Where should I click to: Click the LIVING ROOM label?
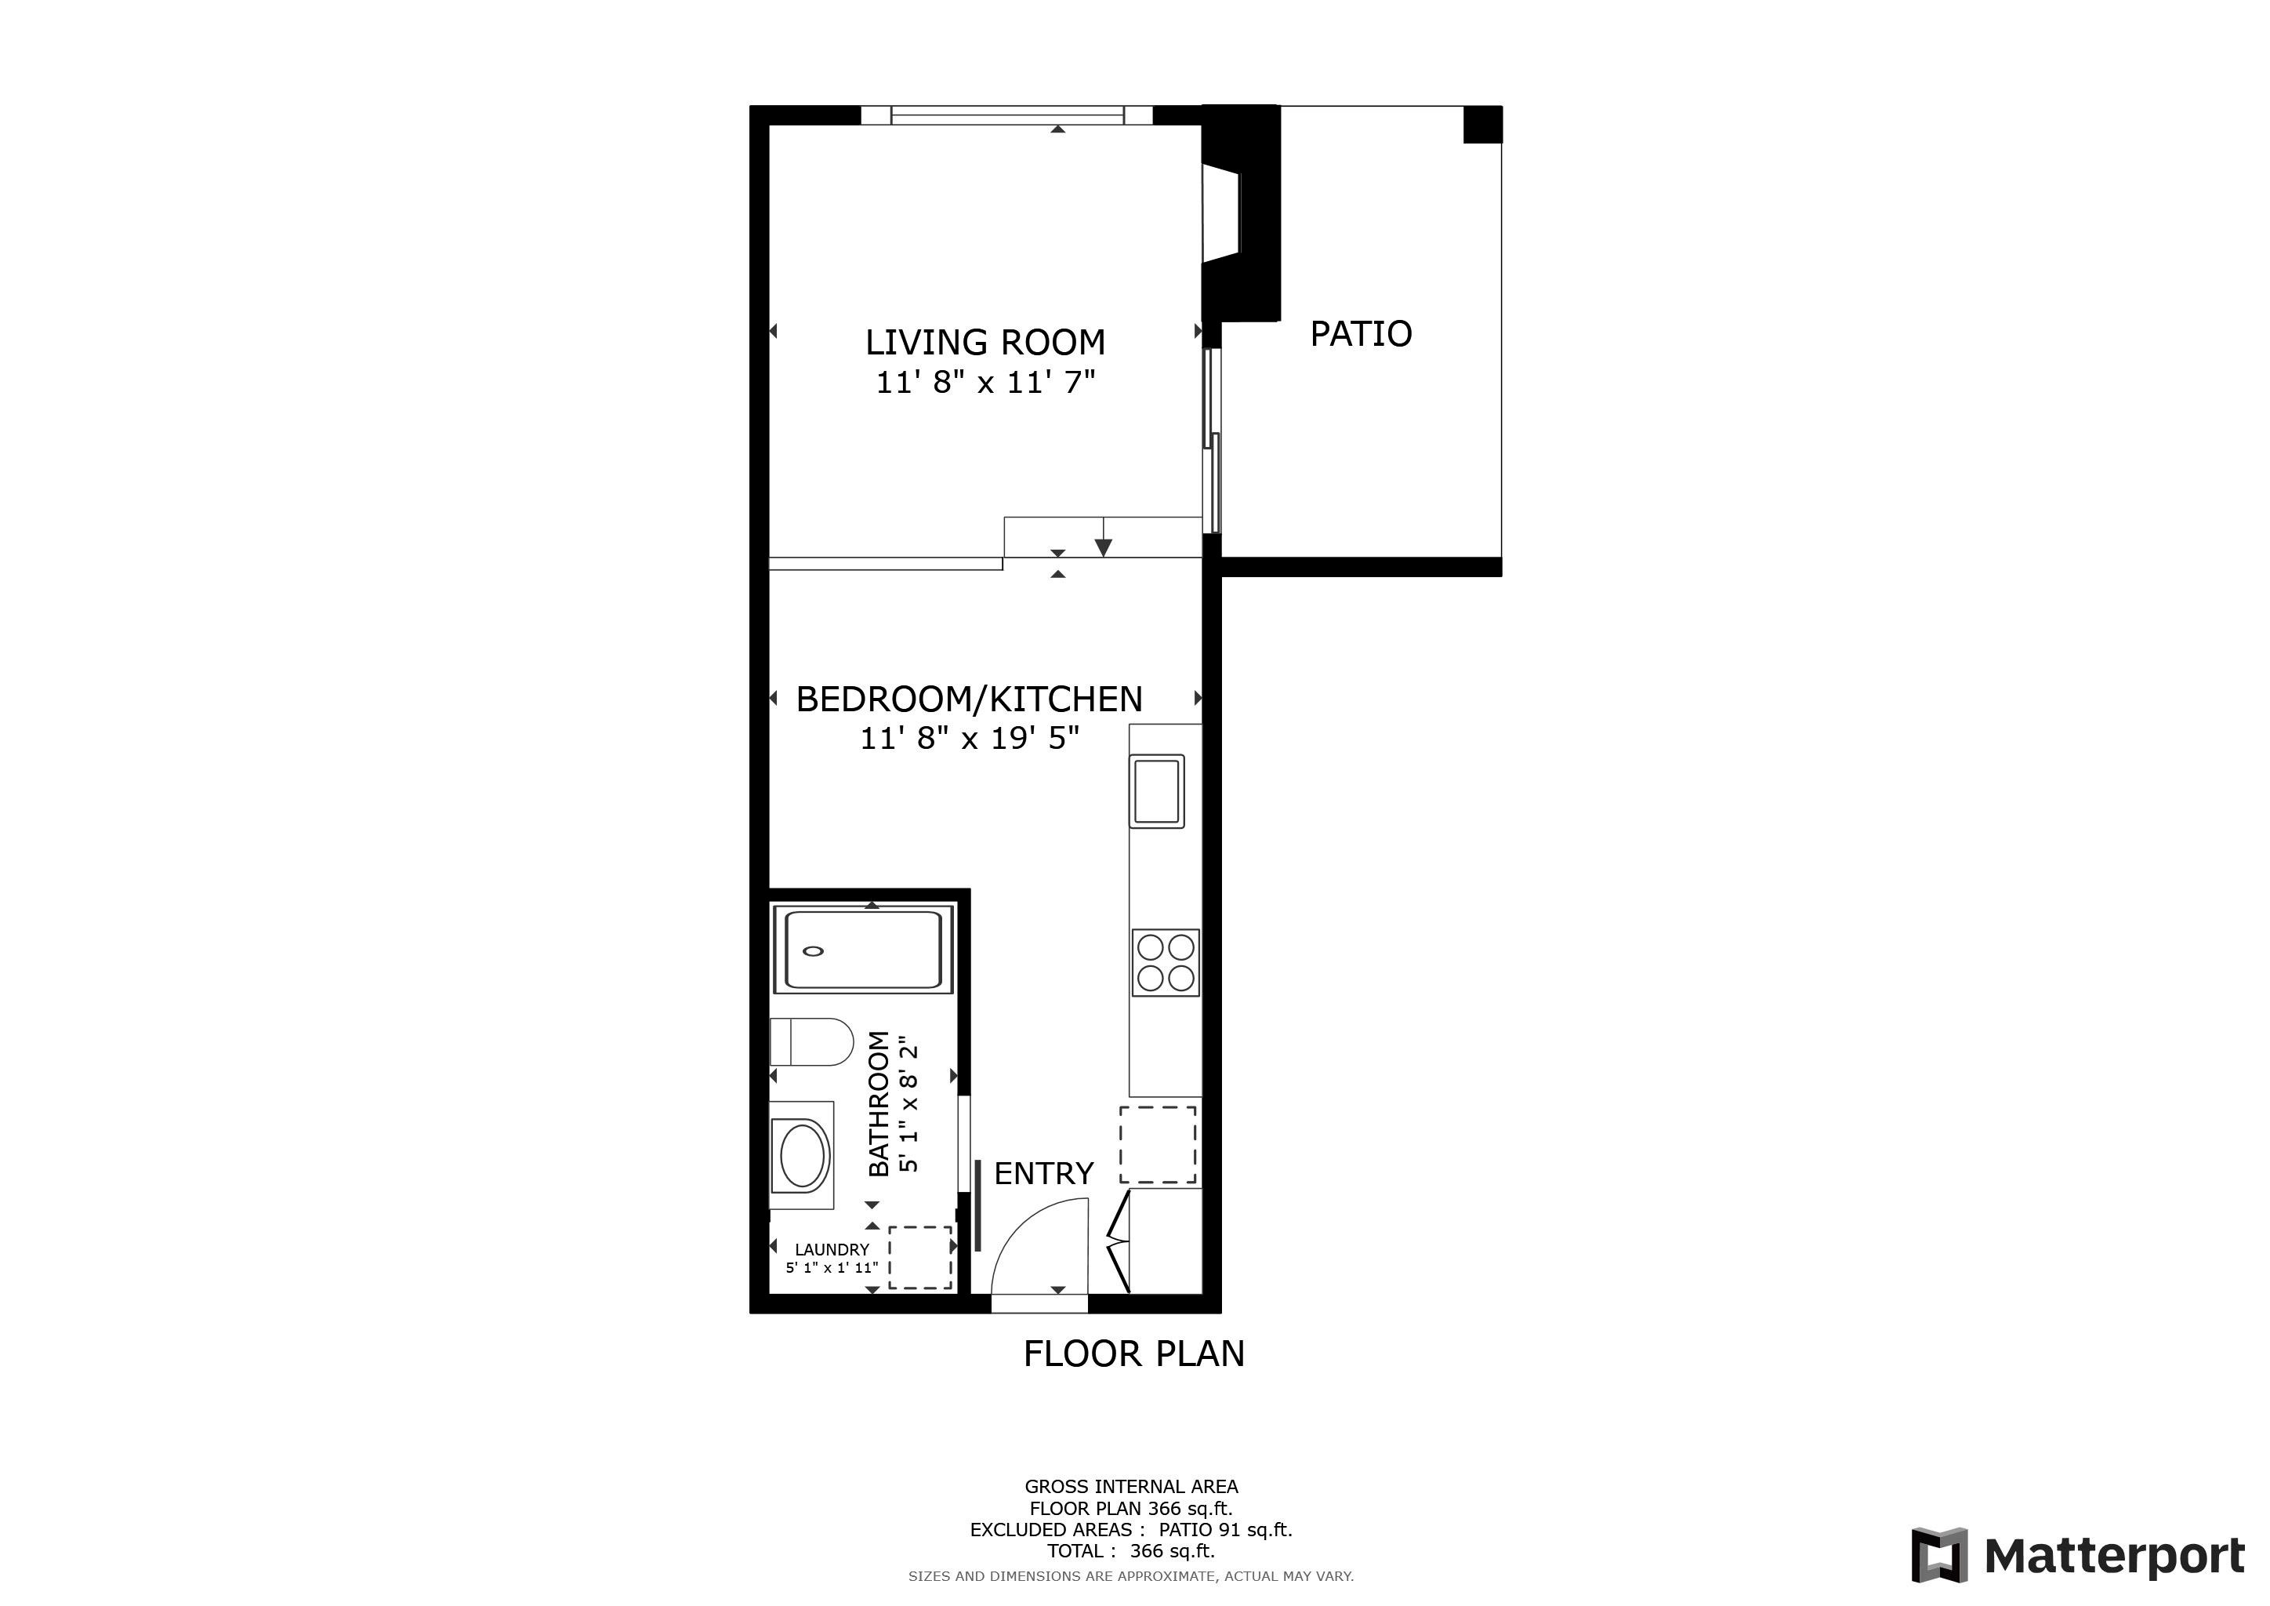(x=985, y=342)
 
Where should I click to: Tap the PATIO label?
(x=1361, y=334)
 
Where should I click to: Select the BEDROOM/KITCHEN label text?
(x=969, y=699)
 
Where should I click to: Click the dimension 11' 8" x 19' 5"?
(x=969, y=738)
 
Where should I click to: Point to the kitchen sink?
(x=1157, y=791)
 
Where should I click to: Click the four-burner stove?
(x=1166, y=962)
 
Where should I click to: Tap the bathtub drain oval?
(x=814, y=951)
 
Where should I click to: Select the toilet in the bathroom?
(x=813, y=1042)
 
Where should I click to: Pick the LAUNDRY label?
(x=832, y=1250)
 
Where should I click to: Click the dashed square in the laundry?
(x=919, y=1257)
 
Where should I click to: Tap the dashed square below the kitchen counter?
(x=1158, y=1144)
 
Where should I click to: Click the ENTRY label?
(x=1043, y=1174)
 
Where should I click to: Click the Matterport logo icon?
(x=1938, y=1556)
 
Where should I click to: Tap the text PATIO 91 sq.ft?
(x=1225, y=1530)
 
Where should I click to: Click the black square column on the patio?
(x=1482, y=125)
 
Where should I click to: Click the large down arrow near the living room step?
(x=1104, y=547)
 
